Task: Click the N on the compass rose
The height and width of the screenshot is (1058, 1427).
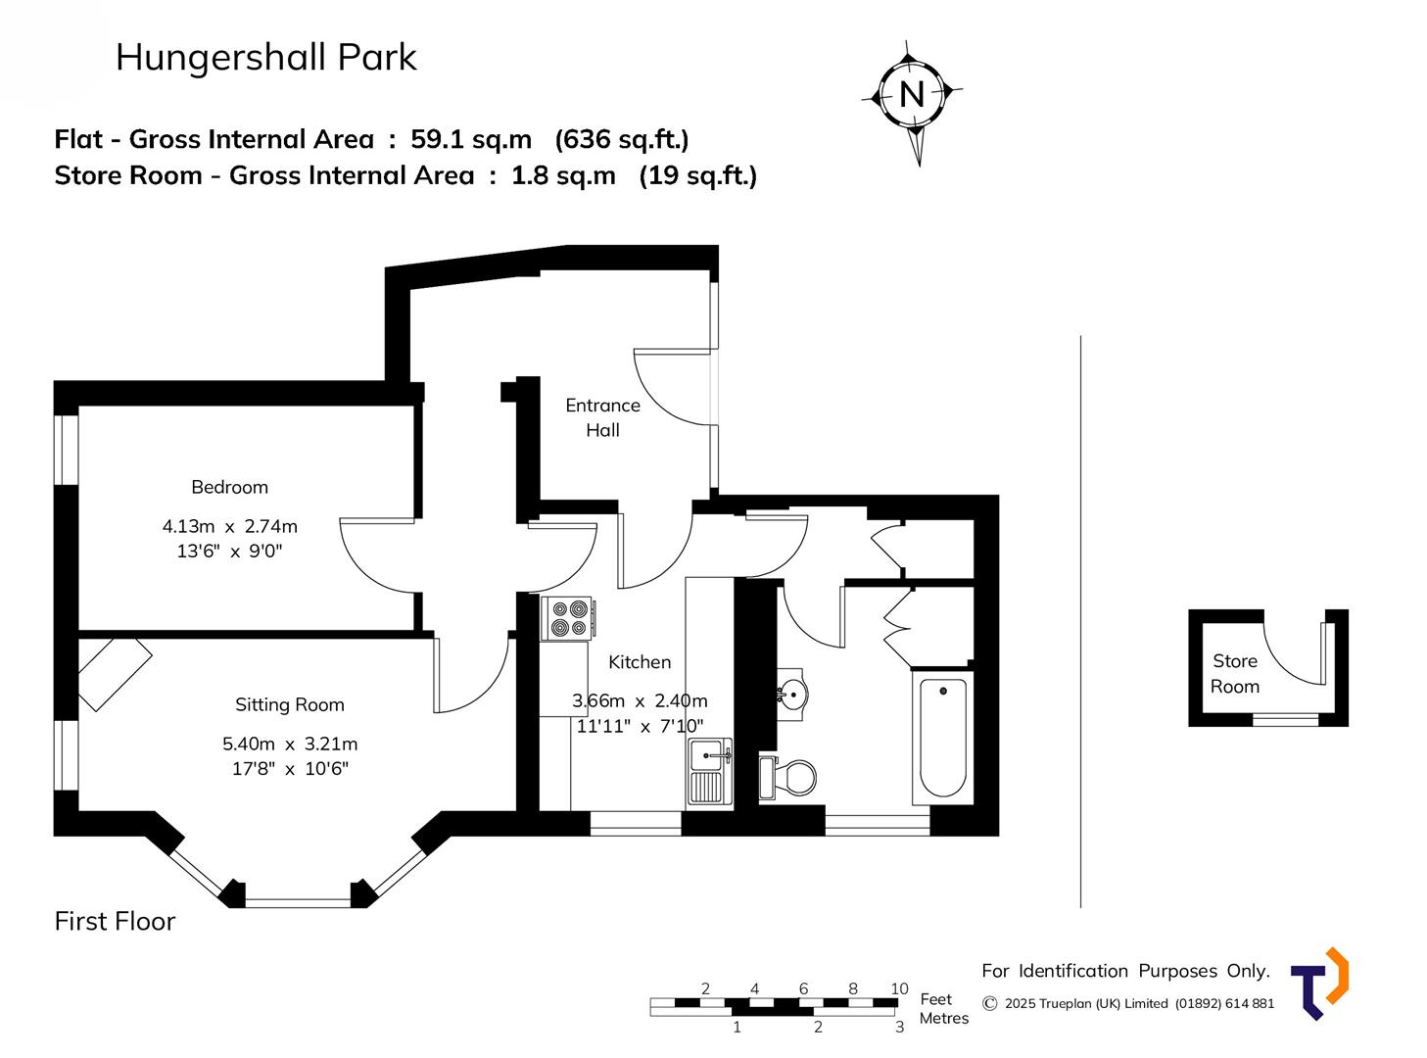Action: pos(912,94)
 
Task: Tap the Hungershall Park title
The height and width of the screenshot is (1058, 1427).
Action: pos(266,58)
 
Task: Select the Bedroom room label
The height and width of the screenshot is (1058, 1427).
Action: pos(229,487)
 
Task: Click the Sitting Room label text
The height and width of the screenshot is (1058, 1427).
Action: pos(289,704)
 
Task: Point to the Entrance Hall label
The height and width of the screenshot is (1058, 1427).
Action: pos(602,417)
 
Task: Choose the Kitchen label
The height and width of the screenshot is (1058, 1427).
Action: pos(640,662)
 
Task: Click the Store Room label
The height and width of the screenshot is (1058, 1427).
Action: pos(1235,674)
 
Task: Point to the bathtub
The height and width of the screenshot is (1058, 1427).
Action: pos(943,736)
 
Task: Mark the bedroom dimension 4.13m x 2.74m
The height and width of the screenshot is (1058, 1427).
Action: pos(229,526)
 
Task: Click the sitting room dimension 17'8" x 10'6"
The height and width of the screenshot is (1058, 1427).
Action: pos(290,769)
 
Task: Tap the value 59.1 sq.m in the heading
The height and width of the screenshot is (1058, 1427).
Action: pos(471,139)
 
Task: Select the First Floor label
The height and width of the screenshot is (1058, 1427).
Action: pos(115,921)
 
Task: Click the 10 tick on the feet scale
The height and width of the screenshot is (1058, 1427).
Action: pos(899,988)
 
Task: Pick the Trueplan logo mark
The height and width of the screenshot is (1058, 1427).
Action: pos(1319,983)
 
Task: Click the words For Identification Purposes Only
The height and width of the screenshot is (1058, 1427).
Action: pos(1125,971)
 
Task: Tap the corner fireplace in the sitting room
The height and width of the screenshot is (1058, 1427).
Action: pos(113,673)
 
